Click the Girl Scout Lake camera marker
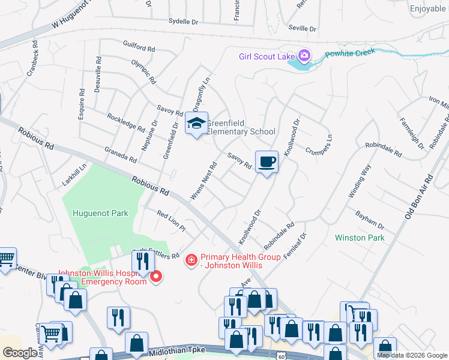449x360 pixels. pyautogui.click(x=304, y=56)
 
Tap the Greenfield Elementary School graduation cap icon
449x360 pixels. pyautogui.click(x=196, y=123)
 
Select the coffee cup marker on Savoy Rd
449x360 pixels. pyautogui.click(x=267, y=161)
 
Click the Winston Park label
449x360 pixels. pyautogui.click(x=359, y=238)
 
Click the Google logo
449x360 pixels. pyautogui.click(x=20, y=352)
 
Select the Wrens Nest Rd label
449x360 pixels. pyautogui.click(x=203, y=182)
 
